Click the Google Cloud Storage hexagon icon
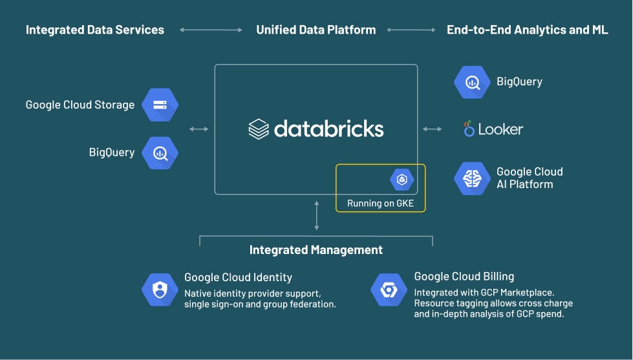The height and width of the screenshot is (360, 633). pos(159,105)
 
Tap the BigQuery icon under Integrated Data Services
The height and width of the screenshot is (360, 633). pos(159,153)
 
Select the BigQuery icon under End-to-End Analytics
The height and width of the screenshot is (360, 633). pos(473,82)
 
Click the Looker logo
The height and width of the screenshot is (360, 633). pos(493,129)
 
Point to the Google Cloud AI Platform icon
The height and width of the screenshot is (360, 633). pos(473,178)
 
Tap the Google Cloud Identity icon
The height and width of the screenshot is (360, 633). pos(160,290)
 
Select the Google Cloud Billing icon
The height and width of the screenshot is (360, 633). pos(389,290)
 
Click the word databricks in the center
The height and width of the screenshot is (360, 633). pos(328,129)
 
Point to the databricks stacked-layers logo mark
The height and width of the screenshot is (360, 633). pos(258,129)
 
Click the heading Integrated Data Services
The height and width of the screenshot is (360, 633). pos(95,30)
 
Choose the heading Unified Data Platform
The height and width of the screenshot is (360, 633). pos(316,30)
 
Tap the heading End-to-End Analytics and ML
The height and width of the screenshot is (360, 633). pos(527,30)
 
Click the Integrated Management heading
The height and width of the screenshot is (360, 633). pos(316,250)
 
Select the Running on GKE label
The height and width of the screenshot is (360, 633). pos(380,204)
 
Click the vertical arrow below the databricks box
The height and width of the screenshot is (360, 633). pos(316,216)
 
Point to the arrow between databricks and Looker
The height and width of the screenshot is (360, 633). pos(433,129)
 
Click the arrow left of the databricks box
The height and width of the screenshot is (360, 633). pos(199,129)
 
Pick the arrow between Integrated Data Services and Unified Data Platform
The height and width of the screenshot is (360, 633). pos(210,30)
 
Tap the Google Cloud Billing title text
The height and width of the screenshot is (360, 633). pos(464,277)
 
